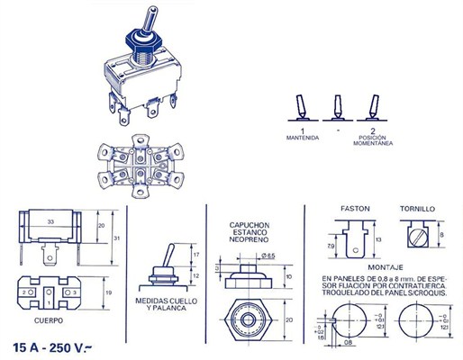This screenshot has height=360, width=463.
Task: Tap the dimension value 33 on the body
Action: pyautogui.click(x=51, y=221)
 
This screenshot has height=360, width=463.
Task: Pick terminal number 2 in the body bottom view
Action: pyautogui.click(x=24, y=292)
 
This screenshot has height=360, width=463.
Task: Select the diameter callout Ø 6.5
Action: pyautogui.click(x=268, y=257)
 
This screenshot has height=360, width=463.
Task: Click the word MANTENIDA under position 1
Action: pyautogui.click(x=304, y=138)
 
